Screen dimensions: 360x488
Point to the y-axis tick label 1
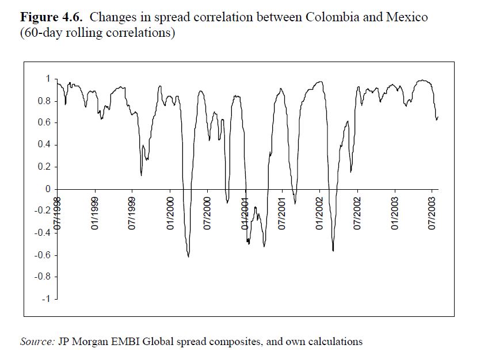(x=48, y=79)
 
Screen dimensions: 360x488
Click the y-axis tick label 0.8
(x=44, y=101)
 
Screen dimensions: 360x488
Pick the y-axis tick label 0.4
(x=44, y=144)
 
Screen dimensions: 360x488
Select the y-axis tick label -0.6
(x=43, y=255)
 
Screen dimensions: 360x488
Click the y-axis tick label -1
(x=47, y=299)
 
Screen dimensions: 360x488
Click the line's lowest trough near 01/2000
(x=188, y=256)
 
